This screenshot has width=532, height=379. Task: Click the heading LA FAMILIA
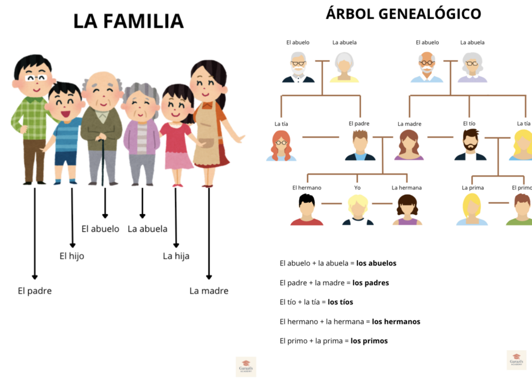pyautogui.click(x=128, y=21)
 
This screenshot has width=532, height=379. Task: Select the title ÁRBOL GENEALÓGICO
pyautogui.click(x=403, y=14)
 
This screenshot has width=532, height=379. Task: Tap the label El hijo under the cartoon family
pyautogui.click(x=71, y=256)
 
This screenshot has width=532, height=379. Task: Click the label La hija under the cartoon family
pyautogui.click(x=176, y=256)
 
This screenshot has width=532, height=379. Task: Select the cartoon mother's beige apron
pyautogui.click(x=208, y=140)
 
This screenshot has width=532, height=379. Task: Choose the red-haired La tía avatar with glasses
pyautogui.click(x=281, y=146)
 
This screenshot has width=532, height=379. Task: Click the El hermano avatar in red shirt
pyautogui.click(x=306, y=210)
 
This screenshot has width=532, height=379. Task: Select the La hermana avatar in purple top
pyautogui.click(x=407, y=210)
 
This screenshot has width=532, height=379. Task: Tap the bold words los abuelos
pyautogui.click(x=376, y=263)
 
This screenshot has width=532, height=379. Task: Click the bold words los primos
pyautogui.click(x=369, y=341)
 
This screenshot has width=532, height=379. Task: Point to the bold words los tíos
pyautogui.click(x=340, y=302)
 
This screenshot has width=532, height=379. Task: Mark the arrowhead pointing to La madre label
pyautogui.click(x=209, y=276)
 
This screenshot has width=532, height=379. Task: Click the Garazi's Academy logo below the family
pyautogui.click(x=246, y=366)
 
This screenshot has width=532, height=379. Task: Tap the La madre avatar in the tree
pyautogui.click(x=409, y=145)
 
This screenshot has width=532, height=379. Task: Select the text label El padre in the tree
pyautogui.click(x=359, y=124)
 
